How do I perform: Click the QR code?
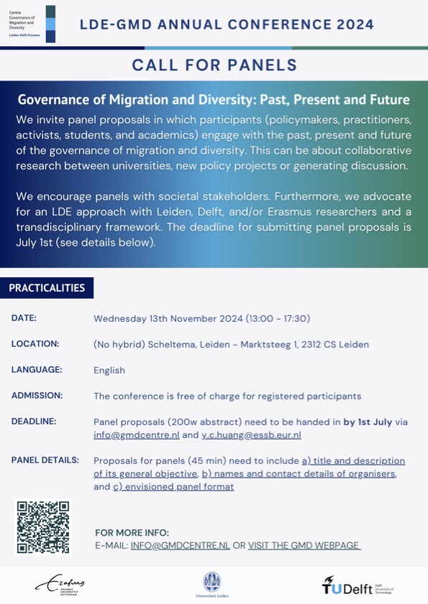44,527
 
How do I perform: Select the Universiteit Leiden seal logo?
213,583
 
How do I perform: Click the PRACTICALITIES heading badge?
47,288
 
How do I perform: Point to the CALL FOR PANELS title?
214,65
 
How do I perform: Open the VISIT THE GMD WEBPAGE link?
304,546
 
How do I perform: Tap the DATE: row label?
24,317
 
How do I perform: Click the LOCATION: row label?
35,344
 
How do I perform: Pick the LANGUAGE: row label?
37,370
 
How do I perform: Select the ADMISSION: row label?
37,396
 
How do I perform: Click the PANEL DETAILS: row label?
45,460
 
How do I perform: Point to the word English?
109,371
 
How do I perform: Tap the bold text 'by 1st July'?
368,422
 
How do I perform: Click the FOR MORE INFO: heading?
132,533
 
